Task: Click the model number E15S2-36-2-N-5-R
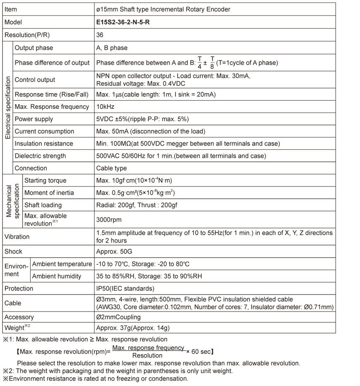(x=123, y=22)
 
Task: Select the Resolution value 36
(x=100, y=35)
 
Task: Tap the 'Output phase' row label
(x=34, y=48)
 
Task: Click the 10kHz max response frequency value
(x=105, y=107)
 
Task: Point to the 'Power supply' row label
(x=34, y=119)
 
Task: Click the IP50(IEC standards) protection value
(x=125, y=288)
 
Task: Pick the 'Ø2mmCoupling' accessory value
(x=118, y=317)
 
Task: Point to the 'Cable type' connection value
(x=111, y=168)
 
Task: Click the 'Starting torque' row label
(x=45, y=180)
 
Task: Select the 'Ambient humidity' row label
(x=57, y=276)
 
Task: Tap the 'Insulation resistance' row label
(x=44, y=144)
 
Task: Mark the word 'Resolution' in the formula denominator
(x=147, y=355)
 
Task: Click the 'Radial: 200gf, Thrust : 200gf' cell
(x=137, y=205)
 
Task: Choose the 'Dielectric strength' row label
(x=40, y=156)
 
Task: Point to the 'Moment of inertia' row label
(x=49, y=193)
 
